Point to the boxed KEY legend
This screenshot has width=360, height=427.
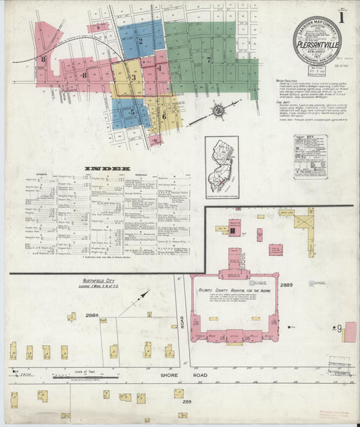[310, 156]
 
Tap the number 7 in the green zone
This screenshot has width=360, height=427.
[209, 59]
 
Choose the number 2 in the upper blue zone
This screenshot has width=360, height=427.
[140, 41]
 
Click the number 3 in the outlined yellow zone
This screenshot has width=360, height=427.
[133, 78]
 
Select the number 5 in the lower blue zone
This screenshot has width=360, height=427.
[132, 111]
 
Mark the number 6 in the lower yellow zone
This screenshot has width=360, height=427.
[163, 116]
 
